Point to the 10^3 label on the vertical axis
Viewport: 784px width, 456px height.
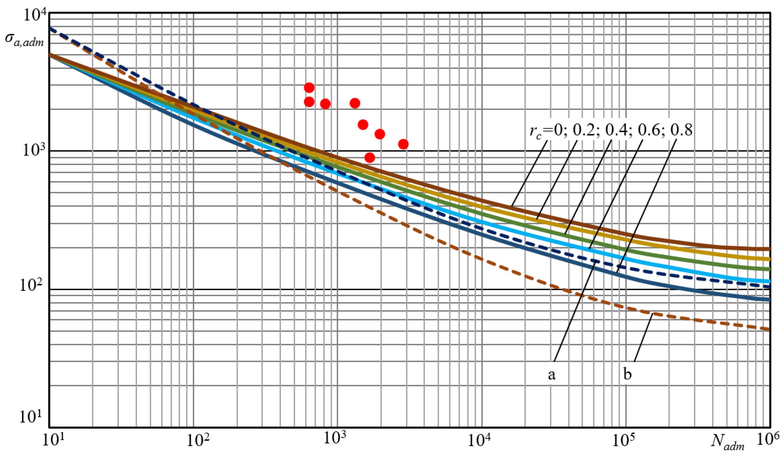tap(34, 151)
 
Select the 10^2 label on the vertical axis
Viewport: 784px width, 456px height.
tap(32, 285)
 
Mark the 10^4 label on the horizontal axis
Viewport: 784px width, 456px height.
tap(481, 441)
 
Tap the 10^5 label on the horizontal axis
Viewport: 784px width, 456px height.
tap(624, 441)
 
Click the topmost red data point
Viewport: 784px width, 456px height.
tap(309, 88)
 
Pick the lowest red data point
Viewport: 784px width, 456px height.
tap(369, 158)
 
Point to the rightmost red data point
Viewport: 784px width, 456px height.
tap(403, 144)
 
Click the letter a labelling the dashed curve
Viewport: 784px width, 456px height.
tap(552, 375)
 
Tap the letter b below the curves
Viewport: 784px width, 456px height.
tap(627, 374)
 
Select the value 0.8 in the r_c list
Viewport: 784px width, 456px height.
tap(681, 130)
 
